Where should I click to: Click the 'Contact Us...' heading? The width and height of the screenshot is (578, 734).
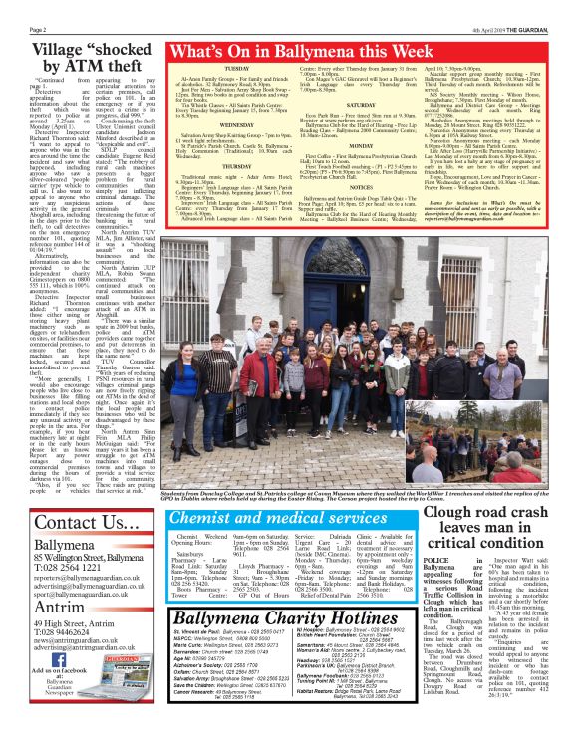click(72, 523)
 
